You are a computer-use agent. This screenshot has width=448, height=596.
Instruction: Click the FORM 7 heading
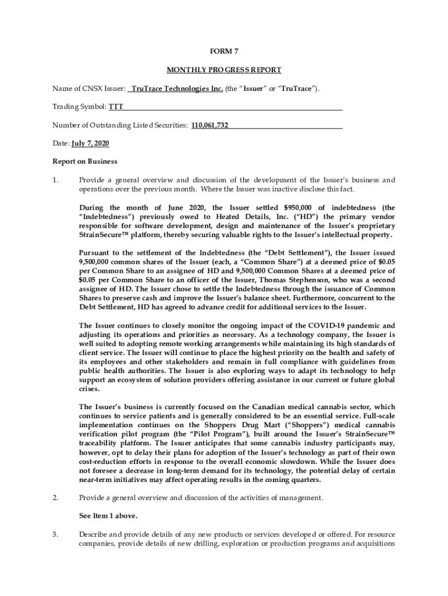(x=223, y=50)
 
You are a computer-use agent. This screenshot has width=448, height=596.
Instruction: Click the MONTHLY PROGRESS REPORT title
(x=223, y=70)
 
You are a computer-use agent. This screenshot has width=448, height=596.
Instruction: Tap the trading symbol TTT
(x=116, y=108)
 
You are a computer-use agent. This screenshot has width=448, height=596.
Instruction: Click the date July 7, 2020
(x=90, y=143)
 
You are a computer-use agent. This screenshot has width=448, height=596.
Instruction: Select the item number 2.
(x=56, y=498)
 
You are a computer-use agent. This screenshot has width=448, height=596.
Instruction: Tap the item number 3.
(x=56, y=534)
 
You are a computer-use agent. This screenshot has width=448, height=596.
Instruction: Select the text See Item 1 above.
(x=108, y=516)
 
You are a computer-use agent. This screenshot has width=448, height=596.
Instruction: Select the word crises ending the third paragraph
(x=90, y=389)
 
